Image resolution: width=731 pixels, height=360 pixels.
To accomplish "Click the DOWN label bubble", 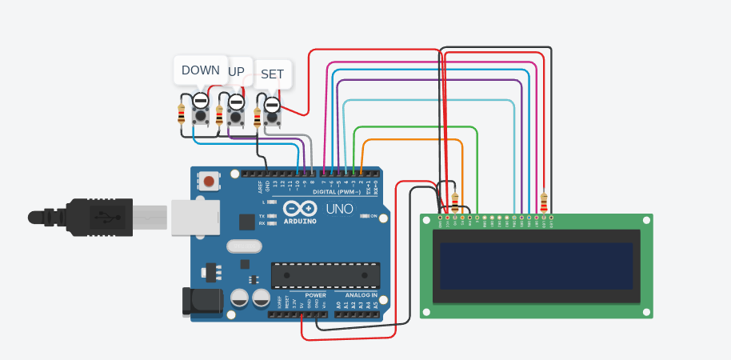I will [200, 70].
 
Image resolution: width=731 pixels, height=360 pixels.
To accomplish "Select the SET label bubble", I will [272, 74].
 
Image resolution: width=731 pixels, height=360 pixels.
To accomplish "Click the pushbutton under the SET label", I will [273, 117].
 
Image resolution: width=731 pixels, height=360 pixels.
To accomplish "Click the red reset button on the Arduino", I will [209, 182].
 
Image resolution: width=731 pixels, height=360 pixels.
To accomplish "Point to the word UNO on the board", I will [339, 209].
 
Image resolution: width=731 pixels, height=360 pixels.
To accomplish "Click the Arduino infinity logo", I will [299, 209].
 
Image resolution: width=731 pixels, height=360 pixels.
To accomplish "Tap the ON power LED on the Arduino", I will [364, 216].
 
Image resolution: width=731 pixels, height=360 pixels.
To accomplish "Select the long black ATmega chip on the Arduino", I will [325, 274].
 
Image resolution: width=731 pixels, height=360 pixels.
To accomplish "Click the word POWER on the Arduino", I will [315, 295].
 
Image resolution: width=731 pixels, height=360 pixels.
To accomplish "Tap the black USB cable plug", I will [96, 217].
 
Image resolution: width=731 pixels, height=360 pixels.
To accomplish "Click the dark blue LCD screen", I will [536, 266].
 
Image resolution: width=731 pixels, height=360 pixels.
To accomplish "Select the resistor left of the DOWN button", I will [182, 114].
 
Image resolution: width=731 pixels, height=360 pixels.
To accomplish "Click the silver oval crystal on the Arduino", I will [244, 246].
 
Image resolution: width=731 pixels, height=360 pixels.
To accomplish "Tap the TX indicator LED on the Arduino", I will [271, 215].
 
